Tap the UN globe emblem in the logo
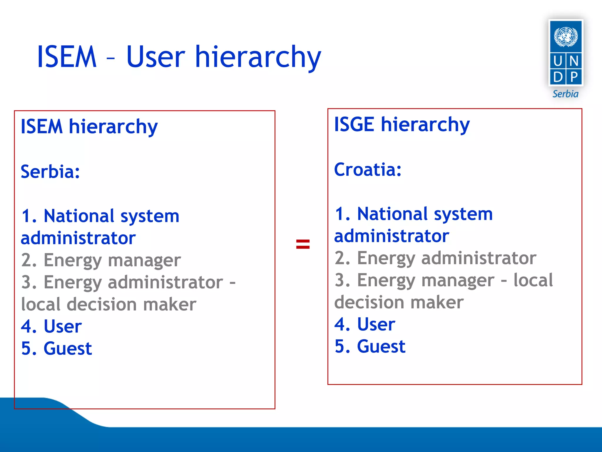point(566,36)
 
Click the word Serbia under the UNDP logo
point(565,94)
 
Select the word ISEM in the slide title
point(67,57)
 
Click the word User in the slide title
point(155,57)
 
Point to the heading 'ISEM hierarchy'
point(89,127)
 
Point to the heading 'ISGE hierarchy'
point(402,124)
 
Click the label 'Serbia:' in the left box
point(50,172)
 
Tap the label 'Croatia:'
point(368,170)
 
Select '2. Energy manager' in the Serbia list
point(101,260)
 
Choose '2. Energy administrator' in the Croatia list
point(435,258)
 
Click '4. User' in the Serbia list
point(51,326)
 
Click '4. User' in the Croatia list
point(365,324)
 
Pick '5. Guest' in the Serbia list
point(56,348)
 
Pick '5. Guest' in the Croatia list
point(370,346)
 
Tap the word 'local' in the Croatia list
point(533,280)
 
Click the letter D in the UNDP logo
point(558,77)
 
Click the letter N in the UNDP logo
point(574,61)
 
